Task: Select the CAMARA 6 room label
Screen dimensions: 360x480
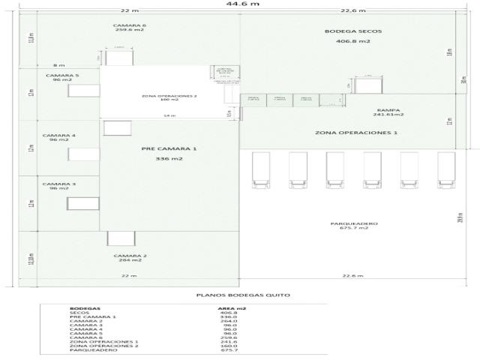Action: coord(129,25)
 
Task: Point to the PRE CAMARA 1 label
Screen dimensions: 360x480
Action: coord(169,148)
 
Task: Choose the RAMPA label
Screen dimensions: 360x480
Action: coord(388,109)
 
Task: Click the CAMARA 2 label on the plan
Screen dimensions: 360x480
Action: coord(130,256)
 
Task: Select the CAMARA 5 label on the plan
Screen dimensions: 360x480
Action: coord(61,76)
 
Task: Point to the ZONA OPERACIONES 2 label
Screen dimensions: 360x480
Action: coord(169,96)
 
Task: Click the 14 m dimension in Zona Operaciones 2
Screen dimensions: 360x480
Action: coord(169,115)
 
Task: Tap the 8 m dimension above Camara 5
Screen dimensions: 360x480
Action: coord(59,65)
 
